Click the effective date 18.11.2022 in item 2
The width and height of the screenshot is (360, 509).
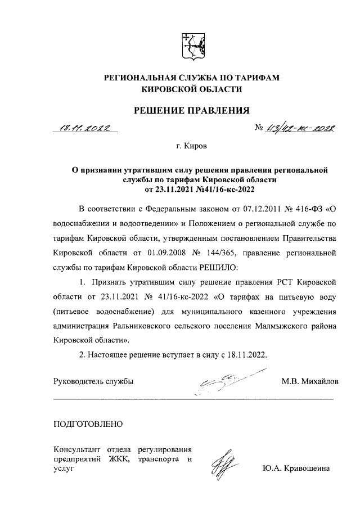(x=243, y=355)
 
